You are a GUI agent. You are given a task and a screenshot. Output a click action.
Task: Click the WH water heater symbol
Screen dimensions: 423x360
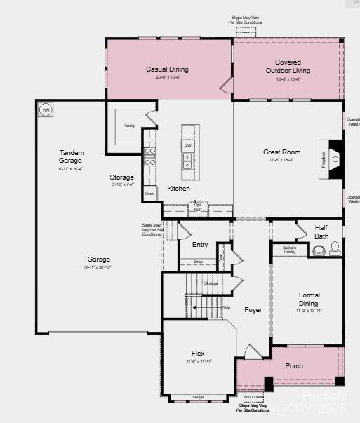point(46,109)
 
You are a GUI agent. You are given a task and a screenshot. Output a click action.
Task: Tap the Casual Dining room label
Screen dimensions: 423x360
point(167,69)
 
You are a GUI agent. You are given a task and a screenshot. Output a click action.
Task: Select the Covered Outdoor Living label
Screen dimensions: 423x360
point(288,67)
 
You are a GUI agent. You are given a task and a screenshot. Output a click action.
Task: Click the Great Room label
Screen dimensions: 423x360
point(281,152)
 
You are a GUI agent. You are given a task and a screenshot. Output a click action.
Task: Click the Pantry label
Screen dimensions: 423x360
point(129,126)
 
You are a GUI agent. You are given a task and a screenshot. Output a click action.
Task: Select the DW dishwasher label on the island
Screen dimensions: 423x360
point(187,145)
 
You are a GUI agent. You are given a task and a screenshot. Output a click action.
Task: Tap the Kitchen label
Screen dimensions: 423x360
point(178,189)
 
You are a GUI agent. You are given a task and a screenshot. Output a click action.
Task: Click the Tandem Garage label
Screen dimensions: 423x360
point(70,156)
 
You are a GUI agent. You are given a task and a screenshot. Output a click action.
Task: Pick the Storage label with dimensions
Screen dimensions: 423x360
point(121,177)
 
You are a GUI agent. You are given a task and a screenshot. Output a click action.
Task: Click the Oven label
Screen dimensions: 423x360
point(149,193)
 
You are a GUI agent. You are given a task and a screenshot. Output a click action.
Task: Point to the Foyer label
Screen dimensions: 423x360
point(253,309)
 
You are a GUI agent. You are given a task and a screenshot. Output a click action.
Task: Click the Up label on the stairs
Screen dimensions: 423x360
point(227,307)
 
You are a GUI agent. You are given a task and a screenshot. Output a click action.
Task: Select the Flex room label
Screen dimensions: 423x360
point(199,353)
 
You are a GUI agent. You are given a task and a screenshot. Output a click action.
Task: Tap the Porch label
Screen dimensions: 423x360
point(294,366)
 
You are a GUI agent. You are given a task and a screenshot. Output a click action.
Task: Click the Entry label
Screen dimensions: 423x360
point(200,245)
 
